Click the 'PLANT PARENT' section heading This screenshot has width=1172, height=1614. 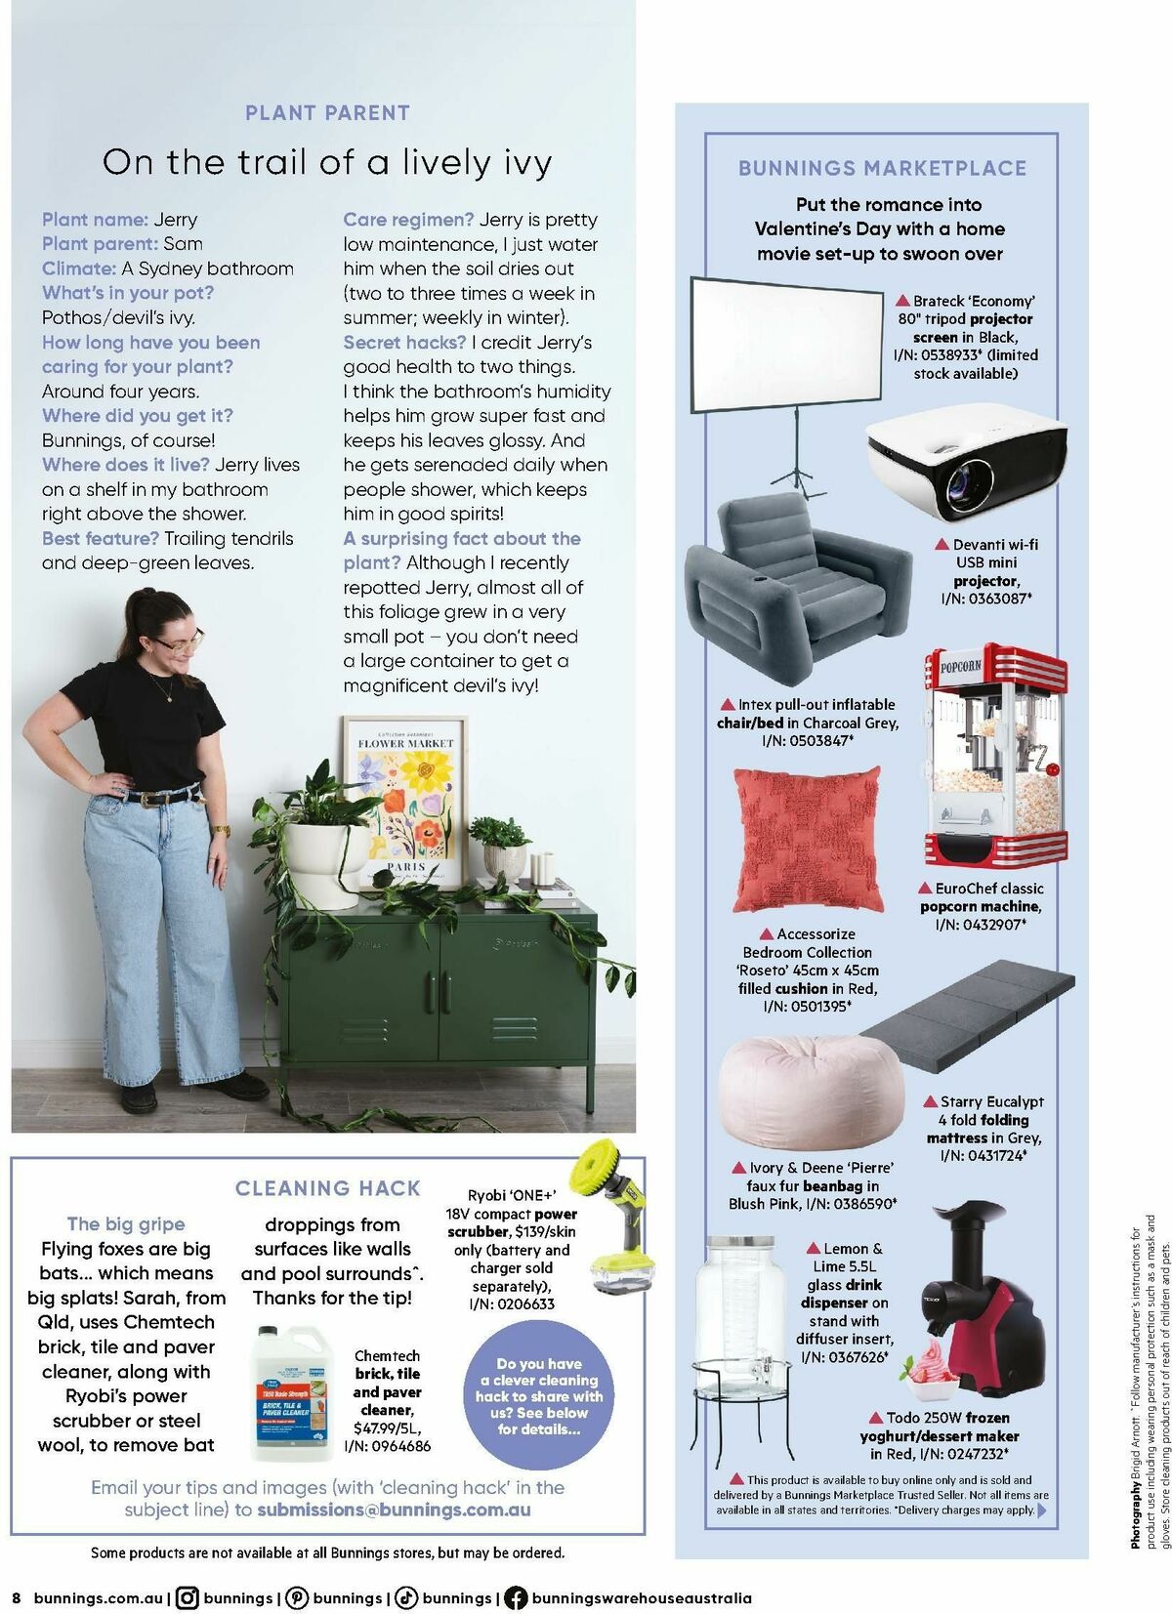click(x=327, y=113)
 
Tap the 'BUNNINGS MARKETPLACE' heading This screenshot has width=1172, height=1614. click(x=882, y=168)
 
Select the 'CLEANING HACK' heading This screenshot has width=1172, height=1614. click(x=327, y=1188)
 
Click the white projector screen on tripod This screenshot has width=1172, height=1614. click(x=785, y=348)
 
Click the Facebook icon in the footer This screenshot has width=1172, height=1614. click(x=516, y=1598)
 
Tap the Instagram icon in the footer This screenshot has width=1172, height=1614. click(x=188, y=1598)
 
